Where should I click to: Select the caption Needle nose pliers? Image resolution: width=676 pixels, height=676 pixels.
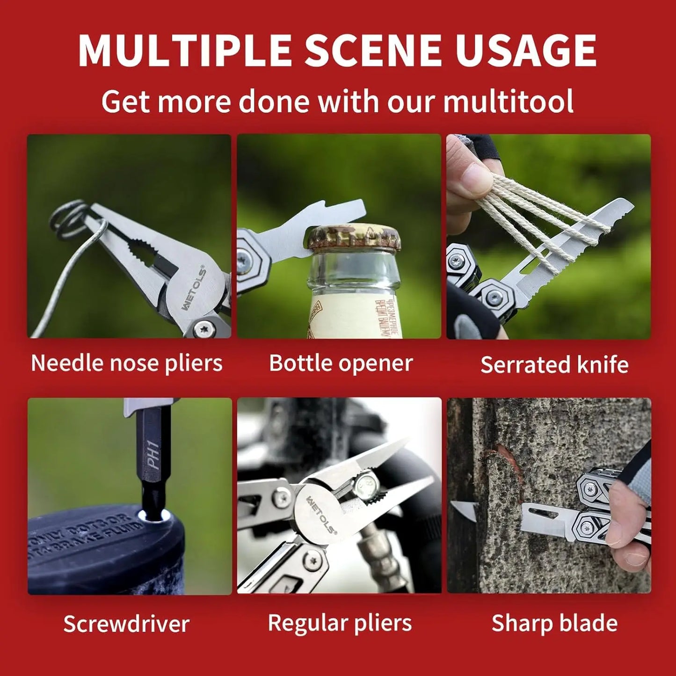[127, 363]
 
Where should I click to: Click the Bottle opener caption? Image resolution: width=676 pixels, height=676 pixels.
[341, 363]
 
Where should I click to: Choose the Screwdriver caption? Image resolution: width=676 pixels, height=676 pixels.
[126, 624]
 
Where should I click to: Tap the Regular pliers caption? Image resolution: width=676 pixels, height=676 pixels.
[340, 623]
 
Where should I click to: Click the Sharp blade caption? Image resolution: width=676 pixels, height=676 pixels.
[554, 623]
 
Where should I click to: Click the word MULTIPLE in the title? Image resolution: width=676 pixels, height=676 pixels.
[185, 51]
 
